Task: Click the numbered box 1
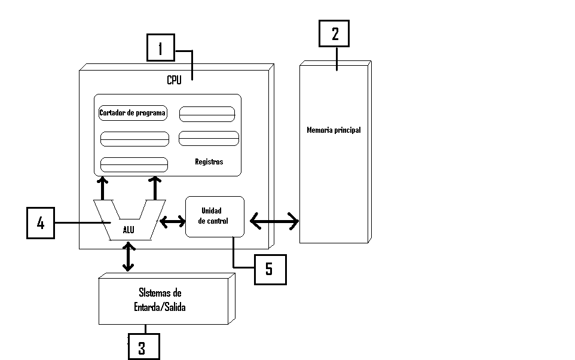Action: tap(160, 47)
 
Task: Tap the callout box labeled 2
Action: tap(334, 33)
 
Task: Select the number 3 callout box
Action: tap(143, 347)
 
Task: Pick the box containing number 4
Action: tap(41, 223)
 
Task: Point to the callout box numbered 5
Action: tap(270, 269)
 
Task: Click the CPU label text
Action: tap(174, 80)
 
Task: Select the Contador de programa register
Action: tap(133, 113)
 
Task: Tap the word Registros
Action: tap(209, 161)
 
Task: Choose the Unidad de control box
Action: tap(215, 216)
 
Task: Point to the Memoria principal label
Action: tap(334, 130)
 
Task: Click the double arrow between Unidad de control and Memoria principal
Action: tap(274, 221)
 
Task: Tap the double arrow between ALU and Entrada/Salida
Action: tap(128, 257)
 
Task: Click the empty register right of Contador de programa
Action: tap(207, 114)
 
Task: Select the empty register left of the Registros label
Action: tap(134, 164)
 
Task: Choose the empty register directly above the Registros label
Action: tap(209, 138)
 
